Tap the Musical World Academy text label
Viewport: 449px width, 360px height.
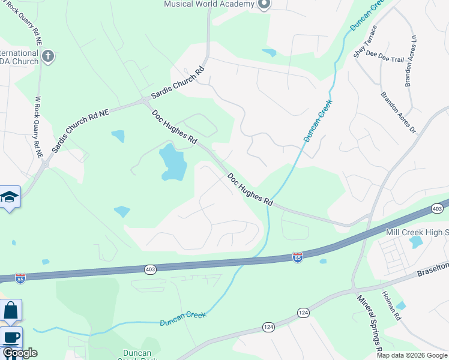[x=209, y=4]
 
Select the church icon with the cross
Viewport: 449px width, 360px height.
[x=48, y=57]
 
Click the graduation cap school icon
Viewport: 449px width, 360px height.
[x=10, y=197]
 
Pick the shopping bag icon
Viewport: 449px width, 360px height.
[x=11, y=310]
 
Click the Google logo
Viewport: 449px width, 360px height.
[x=20, y=353]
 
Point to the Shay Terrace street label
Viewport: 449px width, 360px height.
[x=366, y=41]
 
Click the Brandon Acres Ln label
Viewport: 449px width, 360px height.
[x=410, y=61]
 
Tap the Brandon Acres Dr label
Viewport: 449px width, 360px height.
[x=398, y=112]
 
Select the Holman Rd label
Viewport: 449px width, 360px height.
[x=391, y=305]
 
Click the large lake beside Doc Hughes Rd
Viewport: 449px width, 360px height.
[x=172, y=162]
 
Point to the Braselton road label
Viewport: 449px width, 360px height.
[x=433, y=269]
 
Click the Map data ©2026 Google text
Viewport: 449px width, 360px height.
[x=412, y=355]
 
